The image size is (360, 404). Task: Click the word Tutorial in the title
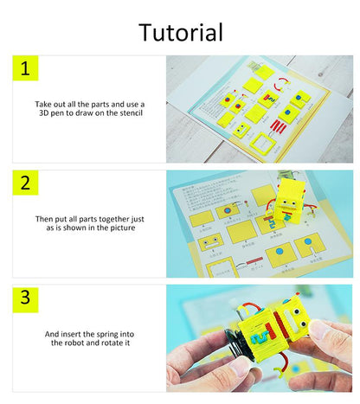[181, 32]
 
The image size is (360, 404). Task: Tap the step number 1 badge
[25, 69]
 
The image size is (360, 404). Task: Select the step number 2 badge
[25, 183]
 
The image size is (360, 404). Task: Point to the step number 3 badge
[25, 298]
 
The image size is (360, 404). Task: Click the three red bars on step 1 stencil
[279, 127]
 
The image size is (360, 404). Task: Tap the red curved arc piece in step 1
[279, 87]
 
